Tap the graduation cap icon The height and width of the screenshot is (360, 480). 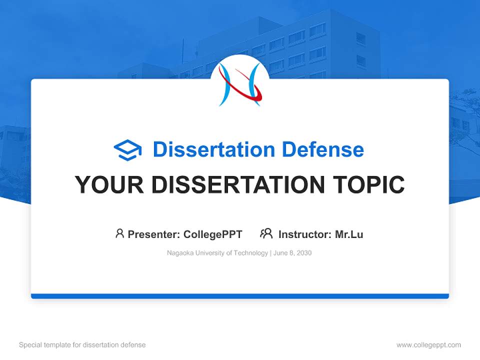(127, 149)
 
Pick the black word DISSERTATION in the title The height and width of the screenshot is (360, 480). (238, 185)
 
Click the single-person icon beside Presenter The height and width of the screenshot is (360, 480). (119, 233)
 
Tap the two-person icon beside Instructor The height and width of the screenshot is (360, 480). (266, 233)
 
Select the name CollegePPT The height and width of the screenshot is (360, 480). (212, 234)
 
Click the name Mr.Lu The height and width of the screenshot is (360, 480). (349, 234)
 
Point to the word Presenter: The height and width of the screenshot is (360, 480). (154, 234)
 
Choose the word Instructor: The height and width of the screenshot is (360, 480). (305, 234)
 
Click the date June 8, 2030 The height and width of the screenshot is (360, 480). (293, 253)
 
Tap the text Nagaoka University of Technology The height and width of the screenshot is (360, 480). (217, 253)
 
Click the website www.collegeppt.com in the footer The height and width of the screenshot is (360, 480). (428, 345)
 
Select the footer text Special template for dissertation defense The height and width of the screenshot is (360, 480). (82, 345)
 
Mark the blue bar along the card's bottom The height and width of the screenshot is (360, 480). (240, 296)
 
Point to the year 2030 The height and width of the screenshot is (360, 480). (303, 253)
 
